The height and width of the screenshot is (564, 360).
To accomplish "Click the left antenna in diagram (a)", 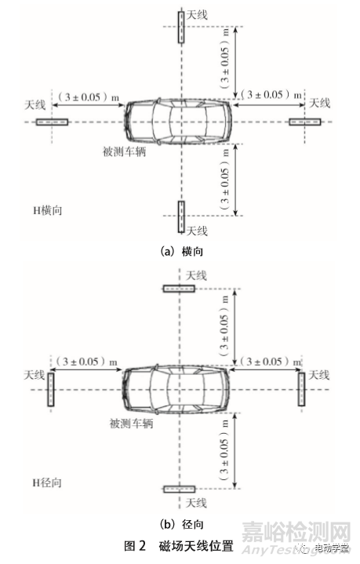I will click(52, 122).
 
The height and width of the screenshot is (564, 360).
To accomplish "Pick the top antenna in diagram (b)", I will click(180, 289).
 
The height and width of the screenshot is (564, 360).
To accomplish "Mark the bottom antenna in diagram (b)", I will click(180, 489).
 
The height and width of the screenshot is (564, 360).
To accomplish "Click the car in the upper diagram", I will click(179, 122).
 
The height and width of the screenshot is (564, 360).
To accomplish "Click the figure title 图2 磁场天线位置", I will click(181, 546).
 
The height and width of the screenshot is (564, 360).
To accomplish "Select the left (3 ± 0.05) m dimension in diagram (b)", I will click(86, 362).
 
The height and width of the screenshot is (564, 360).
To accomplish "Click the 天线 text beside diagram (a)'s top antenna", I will click(198, 14).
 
